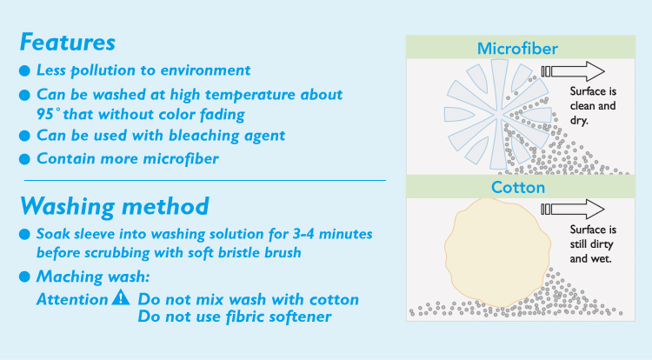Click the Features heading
tap(67, 43)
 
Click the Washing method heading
tap(115, 206)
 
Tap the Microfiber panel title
tap(517, 49)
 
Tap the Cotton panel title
tap(518, 188)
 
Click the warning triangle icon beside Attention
tap(121, 297)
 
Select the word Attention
tap(72, 299)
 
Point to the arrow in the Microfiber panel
tap(573, 71)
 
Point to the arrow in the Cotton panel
tap(573, 209)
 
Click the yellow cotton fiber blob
tap(497, 253)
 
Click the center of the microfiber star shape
tap(497, 114)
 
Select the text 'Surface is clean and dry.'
tap(593, 105)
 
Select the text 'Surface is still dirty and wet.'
tap(593, 244)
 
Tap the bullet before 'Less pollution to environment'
tap(24, 70)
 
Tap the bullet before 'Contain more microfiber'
tap(24, 159)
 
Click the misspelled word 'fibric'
tap(243, 317)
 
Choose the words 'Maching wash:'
tap(93, 277)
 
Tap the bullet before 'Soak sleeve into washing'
tap(24, 235)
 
